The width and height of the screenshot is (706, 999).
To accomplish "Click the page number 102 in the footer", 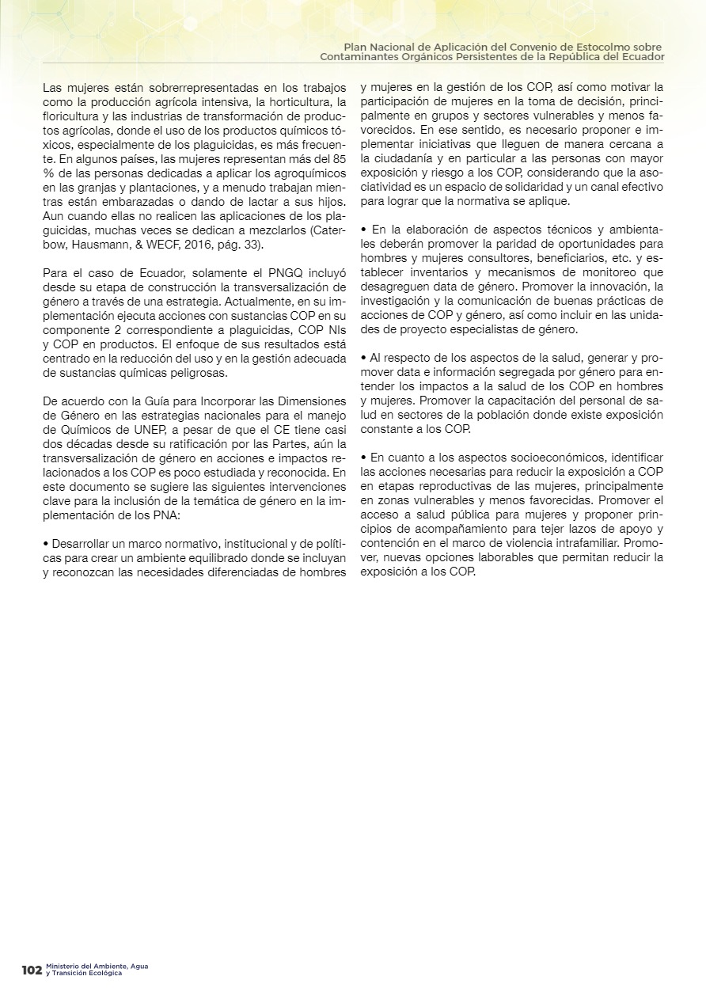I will coord(32,970).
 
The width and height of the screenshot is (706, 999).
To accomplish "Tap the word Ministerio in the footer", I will coord(62,967).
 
